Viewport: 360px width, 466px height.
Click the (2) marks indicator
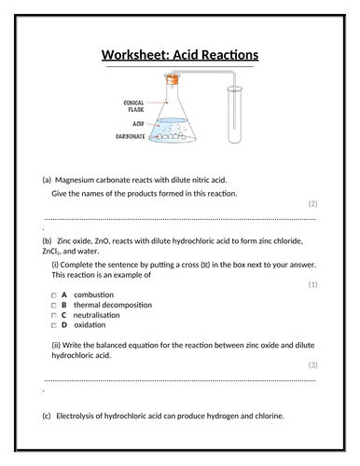coord(312,203)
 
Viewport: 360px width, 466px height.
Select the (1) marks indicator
coord(312,283)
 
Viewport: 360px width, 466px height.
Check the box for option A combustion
coord(54,295)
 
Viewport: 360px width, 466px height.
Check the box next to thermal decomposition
coord(54,305)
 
